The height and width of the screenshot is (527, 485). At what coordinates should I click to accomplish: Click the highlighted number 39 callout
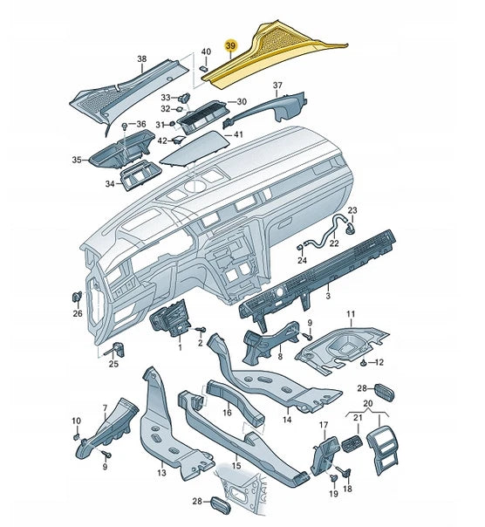pos(231,45)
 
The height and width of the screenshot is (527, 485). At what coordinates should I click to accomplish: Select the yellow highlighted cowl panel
pos(269,56)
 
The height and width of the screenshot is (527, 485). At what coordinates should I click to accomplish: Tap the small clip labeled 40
pos(204,69)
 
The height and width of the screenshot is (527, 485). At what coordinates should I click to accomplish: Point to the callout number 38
pos(142,58)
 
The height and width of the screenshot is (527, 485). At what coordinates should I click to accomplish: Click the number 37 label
pos(277,86)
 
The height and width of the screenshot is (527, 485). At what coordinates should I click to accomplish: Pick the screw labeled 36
pos(125,126)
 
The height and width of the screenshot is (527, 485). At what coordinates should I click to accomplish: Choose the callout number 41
pos(238,134)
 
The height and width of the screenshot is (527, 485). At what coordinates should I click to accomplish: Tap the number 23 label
pos(352,210)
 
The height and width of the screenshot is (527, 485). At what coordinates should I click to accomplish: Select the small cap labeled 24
pos(300,248)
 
